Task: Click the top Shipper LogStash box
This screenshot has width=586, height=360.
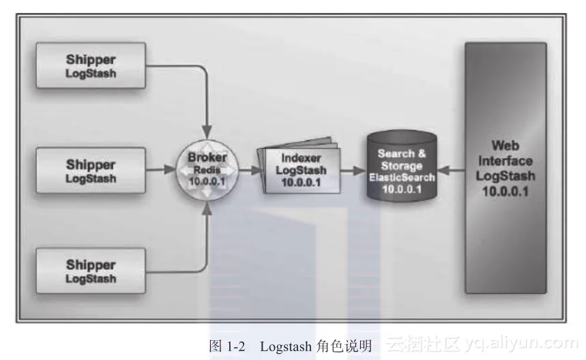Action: pos(90,65)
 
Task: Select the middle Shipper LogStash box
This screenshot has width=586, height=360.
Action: pos(90,170)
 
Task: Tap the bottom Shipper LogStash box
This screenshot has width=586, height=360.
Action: pos(90,270)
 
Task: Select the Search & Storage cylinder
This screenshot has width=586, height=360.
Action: pos(402,167)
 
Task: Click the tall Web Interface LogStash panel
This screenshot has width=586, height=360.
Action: pos(506,168)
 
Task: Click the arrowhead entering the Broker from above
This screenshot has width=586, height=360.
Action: pos(207,128)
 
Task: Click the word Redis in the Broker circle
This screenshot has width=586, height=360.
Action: pos(207,168)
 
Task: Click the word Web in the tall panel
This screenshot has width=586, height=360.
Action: pos(506,145)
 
